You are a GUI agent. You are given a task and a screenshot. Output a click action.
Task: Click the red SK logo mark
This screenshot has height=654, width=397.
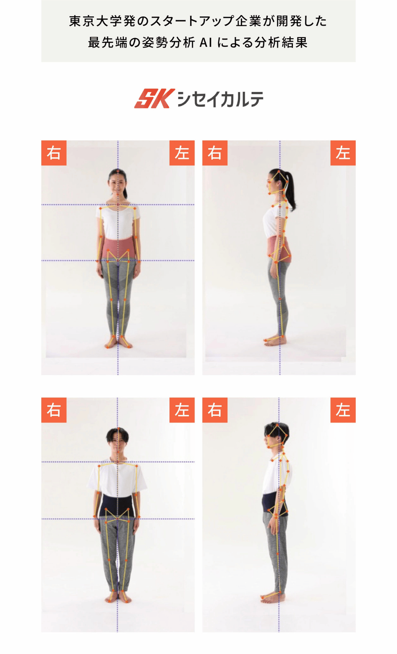154,98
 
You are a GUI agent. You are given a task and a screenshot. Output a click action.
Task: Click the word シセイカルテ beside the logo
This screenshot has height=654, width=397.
220,99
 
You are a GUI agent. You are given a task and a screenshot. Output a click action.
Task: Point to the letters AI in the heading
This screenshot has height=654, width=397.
206,43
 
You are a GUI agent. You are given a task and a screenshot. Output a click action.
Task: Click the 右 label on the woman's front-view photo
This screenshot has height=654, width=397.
54,153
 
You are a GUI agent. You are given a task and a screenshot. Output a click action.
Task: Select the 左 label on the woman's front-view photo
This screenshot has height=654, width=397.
182,153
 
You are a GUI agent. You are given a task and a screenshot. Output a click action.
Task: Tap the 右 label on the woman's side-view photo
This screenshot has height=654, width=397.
215,153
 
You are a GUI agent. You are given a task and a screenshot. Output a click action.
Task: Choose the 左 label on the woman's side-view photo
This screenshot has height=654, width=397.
343,153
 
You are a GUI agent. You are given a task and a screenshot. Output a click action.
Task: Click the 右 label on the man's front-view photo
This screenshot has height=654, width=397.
54,410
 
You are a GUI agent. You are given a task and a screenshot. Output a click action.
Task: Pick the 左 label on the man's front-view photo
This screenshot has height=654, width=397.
182,410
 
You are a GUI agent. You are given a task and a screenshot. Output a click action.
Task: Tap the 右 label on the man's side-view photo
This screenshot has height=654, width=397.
215,410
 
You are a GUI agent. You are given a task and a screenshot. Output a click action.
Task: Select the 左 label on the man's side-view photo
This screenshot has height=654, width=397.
343,410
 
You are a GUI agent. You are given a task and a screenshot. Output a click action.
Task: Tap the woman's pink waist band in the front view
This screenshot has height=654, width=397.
118,249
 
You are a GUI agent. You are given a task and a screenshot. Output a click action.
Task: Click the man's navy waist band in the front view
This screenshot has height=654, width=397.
117,506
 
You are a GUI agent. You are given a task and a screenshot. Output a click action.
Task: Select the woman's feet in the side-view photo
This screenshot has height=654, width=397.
275,341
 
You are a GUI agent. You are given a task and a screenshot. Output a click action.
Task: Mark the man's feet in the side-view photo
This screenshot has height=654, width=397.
272,597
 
